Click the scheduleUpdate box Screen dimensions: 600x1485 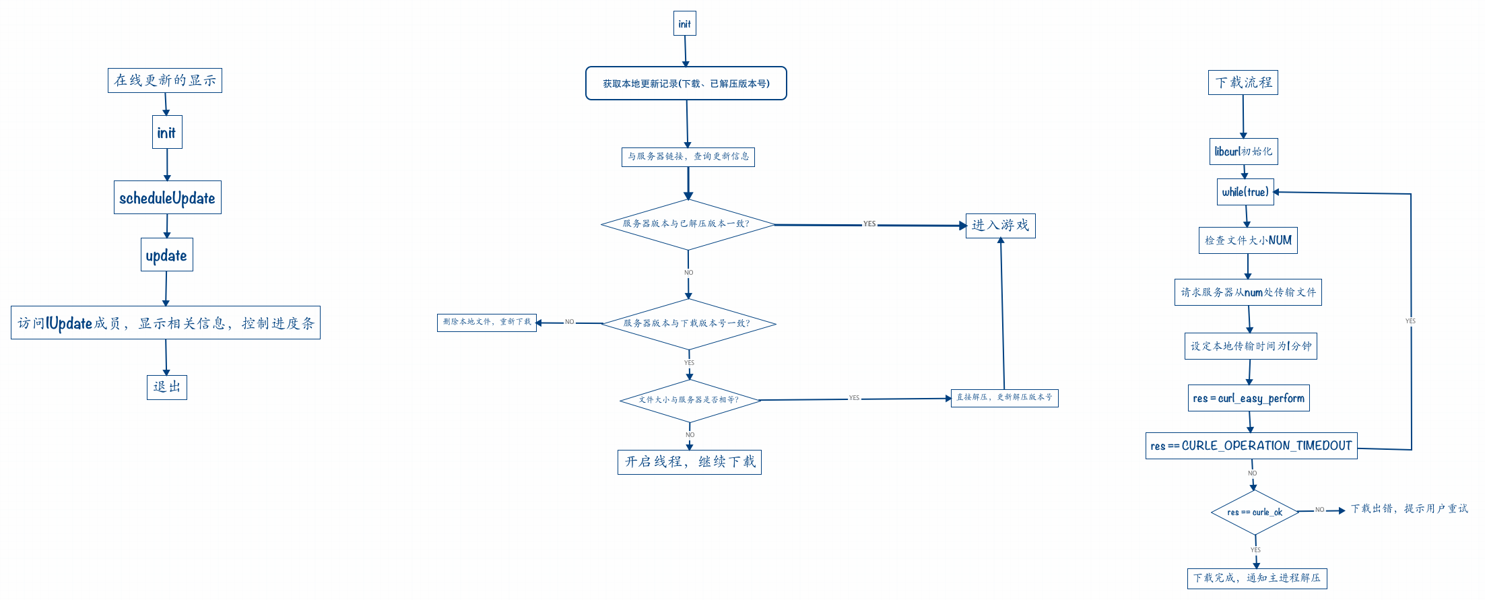pos(167,197)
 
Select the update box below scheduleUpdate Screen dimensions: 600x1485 pos(166,255)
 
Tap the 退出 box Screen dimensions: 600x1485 pos(166,387)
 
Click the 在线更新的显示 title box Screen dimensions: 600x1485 pos(164,80)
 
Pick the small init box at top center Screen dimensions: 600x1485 pos(684,24)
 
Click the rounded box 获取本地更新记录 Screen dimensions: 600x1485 pos(686,84)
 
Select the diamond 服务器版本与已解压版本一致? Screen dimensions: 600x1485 pos(687,224)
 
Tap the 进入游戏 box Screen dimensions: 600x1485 pos(1000,226)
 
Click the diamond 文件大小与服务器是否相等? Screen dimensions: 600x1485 pos(689,400)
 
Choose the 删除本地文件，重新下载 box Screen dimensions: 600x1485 pos(486,323)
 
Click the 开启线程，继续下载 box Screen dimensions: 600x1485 pos(689,462)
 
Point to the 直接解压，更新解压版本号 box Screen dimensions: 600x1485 pos(1003,398)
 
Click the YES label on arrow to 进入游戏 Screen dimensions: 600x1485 pos(869,224)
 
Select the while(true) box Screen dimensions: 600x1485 pos(1245,192)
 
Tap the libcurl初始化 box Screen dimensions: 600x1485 pos(1243,152)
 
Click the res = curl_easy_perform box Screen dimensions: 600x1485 pos(1248,398)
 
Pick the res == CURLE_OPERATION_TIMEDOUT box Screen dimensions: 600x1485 pos(1251,446)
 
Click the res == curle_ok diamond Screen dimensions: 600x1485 pos(1254,512)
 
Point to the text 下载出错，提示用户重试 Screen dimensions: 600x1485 pos(1409,509)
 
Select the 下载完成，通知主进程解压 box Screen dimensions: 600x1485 pos(1257,578)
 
